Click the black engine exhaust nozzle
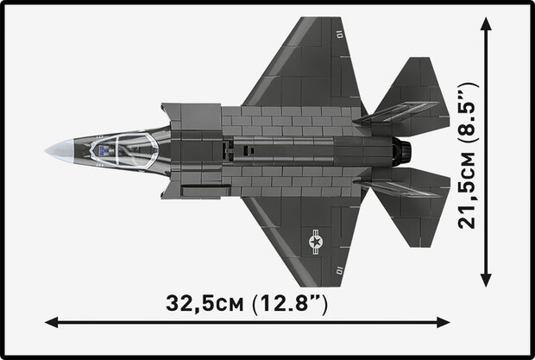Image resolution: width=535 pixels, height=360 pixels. (402, 152)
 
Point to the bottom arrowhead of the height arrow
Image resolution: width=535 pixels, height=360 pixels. (486, 278)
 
